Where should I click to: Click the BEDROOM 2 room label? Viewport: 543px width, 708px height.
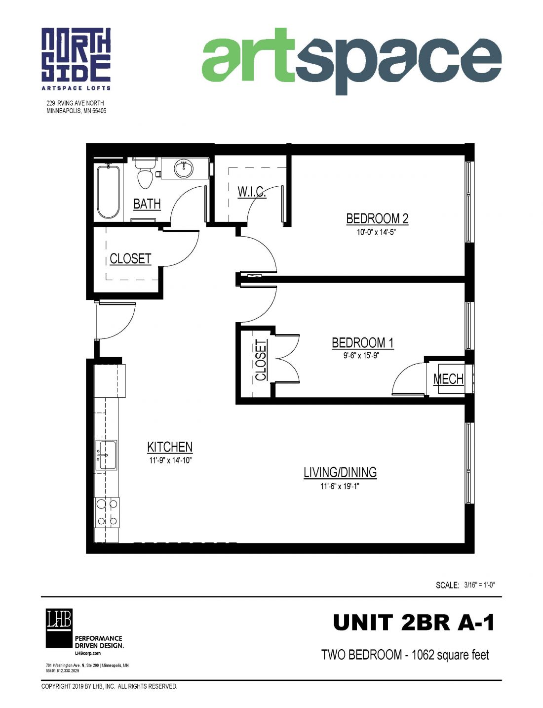click(377, 218)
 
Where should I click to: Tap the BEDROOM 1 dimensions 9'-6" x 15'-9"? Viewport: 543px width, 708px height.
click(362, 355)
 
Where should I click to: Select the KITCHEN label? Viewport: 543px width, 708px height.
click(170, 447)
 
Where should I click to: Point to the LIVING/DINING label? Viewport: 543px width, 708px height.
click(340, 472)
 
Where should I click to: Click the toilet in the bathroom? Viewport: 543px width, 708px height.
click(145, 174)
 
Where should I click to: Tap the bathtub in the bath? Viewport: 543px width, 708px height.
click(108, 192)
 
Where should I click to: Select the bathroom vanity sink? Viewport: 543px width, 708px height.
click(184, 168)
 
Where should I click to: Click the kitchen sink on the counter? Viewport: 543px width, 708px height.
click(107, 455)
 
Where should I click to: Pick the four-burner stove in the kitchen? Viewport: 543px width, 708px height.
click(108, 512)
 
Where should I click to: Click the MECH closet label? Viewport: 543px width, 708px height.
click(448, 379)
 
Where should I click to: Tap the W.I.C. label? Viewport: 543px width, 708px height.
click(252, 192)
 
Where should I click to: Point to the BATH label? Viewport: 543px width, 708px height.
click(147, 204)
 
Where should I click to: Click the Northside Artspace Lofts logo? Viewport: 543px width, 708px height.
click(76, 58)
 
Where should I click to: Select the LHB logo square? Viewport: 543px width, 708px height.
click(59, 628)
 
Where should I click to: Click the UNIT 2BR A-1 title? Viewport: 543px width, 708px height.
click(414, 623)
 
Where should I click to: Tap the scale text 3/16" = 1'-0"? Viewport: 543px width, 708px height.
click(479, 585)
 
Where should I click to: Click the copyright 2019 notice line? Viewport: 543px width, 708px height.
click(109, 686)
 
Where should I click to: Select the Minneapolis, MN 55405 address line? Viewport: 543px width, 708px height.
click(76, 111)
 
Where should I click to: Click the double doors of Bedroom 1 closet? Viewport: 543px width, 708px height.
click(286, 359)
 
